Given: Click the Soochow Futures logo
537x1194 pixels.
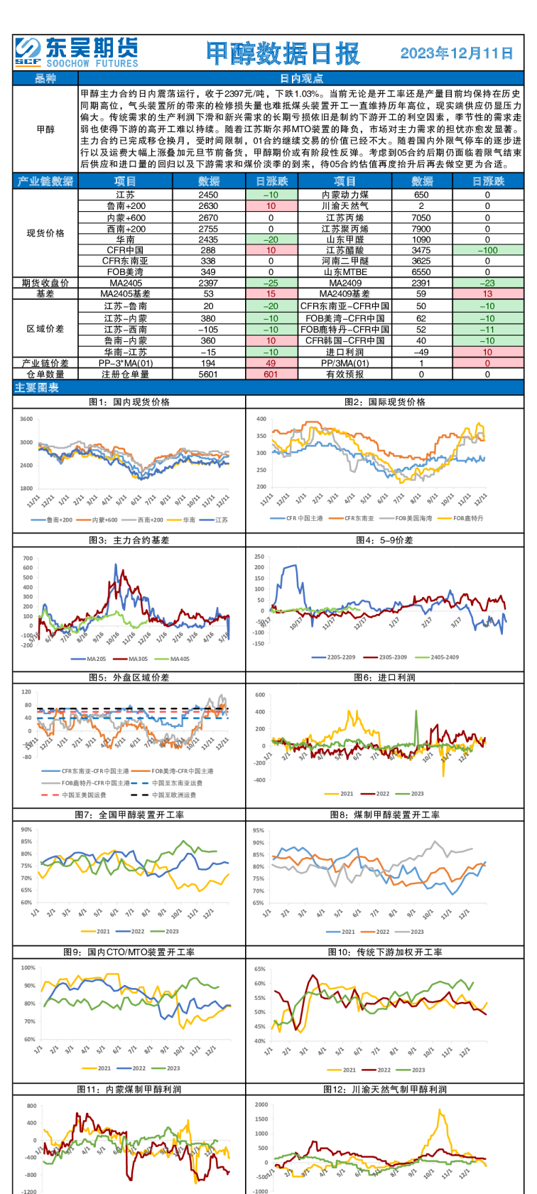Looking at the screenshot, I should tap(76, 53).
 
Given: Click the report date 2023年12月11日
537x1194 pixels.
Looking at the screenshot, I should tap(457, 53).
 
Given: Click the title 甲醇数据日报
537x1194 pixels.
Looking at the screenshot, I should tap(283, 53).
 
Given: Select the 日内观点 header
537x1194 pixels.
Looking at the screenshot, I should tap(302, 79).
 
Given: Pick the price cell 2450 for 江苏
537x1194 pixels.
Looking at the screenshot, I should tap(208, 195).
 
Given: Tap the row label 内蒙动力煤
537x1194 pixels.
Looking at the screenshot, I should tap(345, 195).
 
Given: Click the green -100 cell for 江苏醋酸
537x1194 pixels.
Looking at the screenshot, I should tap(487, 250).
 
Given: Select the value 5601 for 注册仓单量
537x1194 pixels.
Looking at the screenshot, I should tap(208, 374).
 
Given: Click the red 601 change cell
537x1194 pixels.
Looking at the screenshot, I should tap(271, 374).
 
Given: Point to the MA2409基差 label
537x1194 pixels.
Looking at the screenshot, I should tap(345, 294).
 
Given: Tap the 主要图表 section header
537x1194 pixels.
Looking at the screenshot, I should tap(37, 387).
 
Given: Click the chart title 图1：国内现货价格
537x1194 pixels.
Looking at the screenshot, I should tap(129, 402).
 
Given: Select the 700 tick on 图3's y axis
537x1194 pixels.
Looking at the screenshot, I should tap(28, 558).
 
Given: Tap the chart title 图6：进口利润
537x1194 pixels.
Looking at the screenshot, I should tap(385, 677).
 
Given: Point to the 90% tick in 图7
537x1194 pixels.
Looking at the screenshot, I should tap(26, 842).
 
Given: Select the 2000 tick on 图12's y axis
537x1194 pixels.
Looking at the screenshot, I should tap(261, 1105).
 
